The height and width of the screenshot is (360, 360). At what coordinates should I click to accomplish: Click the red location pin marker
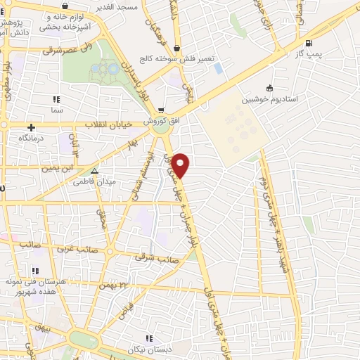(x=181, y=165)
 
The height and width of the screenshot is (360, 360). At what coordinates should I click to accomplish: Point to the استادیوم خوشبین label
(x=269, y=99)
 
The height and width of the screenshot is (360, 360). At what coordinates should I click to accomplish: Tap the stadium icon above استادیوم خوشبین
(x=269, y=88)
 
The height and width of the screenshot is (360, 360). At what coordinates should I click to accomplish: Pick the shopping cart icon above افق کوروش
(x=162, y=110)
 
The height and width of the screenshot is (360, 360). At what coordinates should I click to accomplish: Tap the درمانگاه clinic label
(x=31, y=139)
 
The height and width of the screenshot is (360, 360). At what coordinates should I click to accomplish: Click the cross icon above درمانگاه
(x=31, y=127)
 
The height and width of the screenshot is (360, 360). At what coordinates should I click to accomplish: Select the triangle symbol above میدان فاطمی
(x=95, y=170)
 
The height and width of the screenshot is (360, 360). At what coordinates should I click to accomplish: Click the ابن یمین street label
(x=57, y=169)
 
